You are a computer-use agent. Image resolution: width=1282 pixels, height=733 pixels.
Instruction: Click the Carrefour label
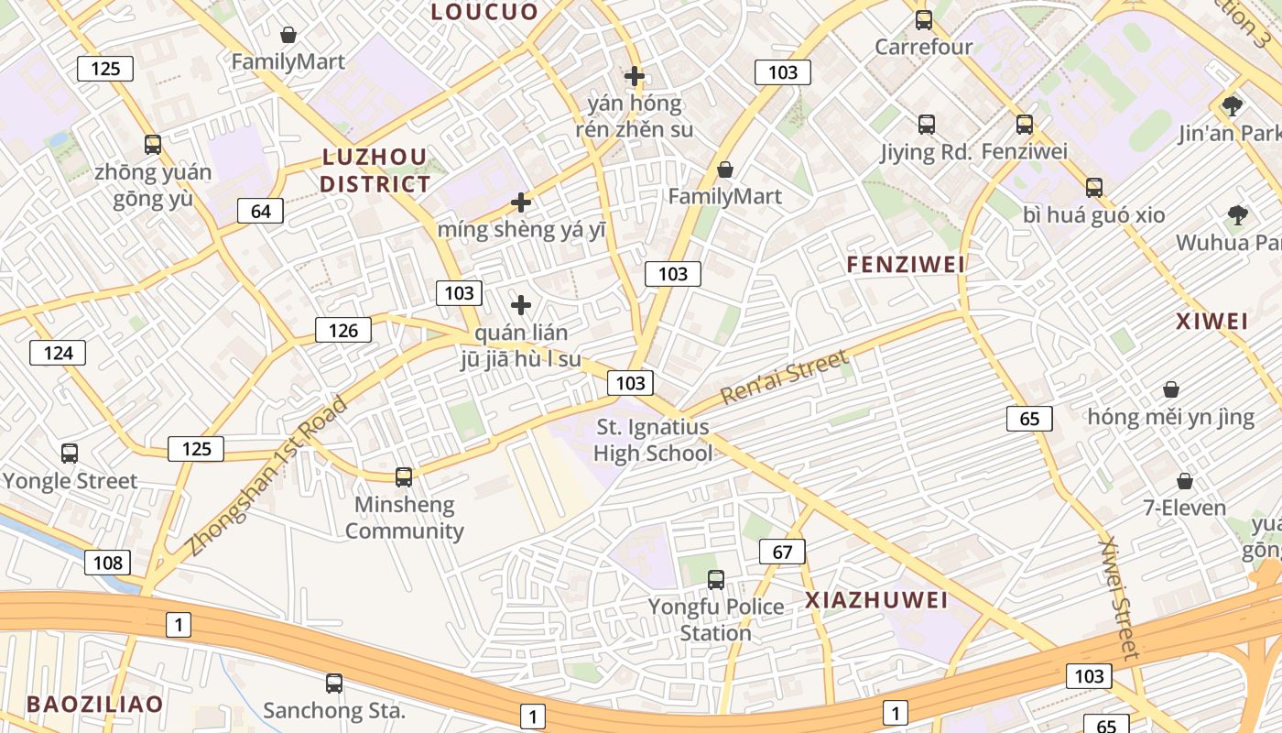point(923,47)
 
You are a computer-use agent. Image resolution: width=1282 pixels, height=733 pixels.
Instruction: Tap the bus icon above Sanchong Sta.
point(334,683)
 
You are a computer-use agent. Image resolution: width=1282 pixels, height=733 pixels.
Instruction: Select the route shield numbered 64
point(260,212)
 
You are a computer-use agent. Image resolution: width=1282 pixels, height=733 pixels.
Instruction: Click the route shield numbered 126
point(342,330)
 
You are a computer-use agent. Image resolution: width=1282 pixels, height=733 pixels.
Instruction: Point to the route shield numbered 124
point(58,352)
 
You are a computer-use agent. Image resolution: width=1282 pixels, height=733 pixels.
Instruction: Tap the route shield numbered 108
point(107,562)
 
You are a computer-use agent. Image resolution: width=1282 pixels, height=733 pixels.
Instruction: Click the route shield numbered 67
point(782,552)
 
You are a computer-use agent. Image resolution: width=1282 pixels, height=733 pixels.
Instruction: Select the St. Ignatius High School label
point(652,440)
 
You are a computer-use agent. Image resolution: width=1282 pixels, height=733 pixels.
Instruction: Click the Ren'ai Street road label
point(784,377)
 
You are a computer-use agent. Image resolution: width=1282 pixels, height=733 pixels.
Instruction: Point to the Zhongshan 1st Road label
point(267,476)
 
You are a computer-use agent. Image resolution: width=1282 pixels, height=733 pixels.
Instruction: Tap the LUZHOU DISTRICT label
point(375,170)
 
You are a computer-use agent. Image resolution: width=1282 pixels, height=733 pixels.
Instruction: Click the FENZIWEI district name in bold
point(906,265)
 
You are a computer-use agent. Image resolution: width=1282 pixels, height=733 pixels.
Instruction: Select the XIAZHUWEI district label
point(876,600)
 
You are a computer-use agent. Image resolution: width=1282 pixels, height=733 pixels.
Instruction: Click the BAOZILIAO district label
point(94,705)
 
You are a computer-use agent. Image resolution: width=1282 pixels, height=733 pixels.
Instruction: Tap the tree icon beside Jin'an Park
point(1232,105)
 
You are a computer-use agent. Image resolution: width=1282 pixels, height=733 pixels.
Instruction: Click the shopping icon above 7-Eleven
point(1185,481)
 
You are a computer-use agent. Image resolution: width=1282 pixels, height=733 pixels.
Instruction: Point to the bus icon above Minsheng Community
point(404,476)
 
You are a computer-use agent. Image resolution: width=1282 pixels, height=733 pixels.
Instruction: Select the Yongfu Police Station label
point(716,619)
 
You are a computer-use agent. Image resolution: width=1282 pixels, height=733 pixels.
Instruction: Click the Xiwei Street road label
point(1119,597)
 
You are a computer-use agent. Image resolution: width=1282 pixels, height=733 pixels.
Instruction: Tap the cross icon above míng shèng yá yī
point(521,202)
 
